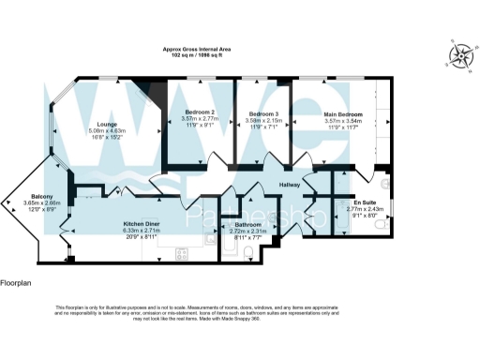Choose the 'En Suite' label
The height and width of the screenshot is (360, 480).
[x=364, y=202]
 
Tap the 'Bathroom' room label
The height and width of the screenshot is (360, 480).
[x=247, y=225]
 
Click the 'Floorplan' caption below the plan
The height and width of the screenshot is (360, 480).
[x=16, y=281]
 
